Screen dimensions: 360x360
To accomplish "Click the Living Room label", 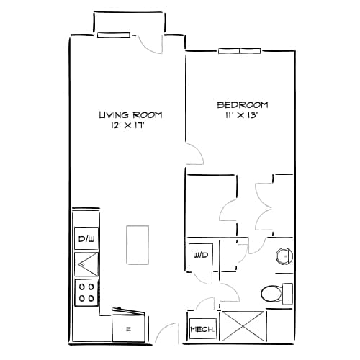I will click(x=130, y=114).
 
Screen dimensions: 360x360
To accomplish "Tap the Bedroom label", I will click(x=242, y=103).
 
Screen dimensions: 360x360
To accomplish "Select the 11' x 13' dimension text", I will click(x=242, y=114).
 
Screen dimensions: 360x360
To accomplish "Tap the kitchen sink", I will click(x=86, y=264).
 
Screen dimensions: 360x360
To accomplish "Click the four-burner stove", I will click(x=86, y=292).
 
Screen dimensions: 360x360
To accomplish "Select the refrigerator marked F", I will click(x=129, y=329).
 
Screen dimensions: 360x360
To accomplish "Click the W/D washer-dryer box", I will click(x=199, y=254).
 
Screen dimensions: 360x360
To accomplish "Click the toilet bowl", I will click(x=271, y=293).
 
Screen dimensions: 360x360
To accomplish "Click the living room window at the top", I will click(x=114, y=34).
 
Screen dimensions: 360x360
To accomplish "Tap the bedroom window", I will click(x=239, y=50).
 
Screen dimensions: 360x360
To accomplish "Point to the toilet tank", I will click(x=287, y=293).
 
